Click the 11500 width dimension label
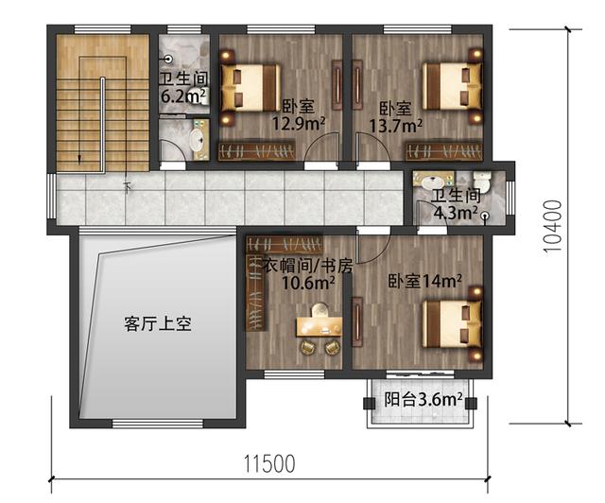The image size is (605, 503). coord(270,463)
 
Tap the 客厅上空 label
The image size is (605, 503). coord(158,324)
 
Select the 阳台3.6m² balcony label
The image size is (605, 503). coord(423,399)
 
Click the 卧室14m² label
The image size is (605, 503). coord(424,281)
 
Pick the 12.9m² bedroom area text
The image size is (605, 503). coord(299,123)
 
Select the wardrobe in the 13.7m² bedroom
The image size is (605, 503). coord(443,151)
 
